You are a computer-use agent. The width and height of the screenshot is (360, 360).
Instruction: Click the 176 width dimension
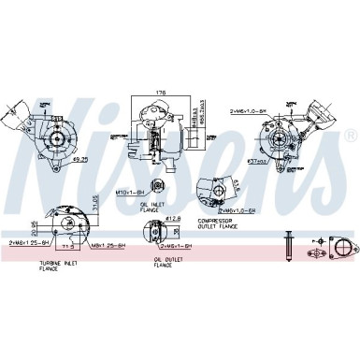pos(160,92)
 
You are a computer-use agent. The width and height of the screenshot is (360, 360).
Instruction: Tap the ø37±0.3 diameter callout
pos(256,161)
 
